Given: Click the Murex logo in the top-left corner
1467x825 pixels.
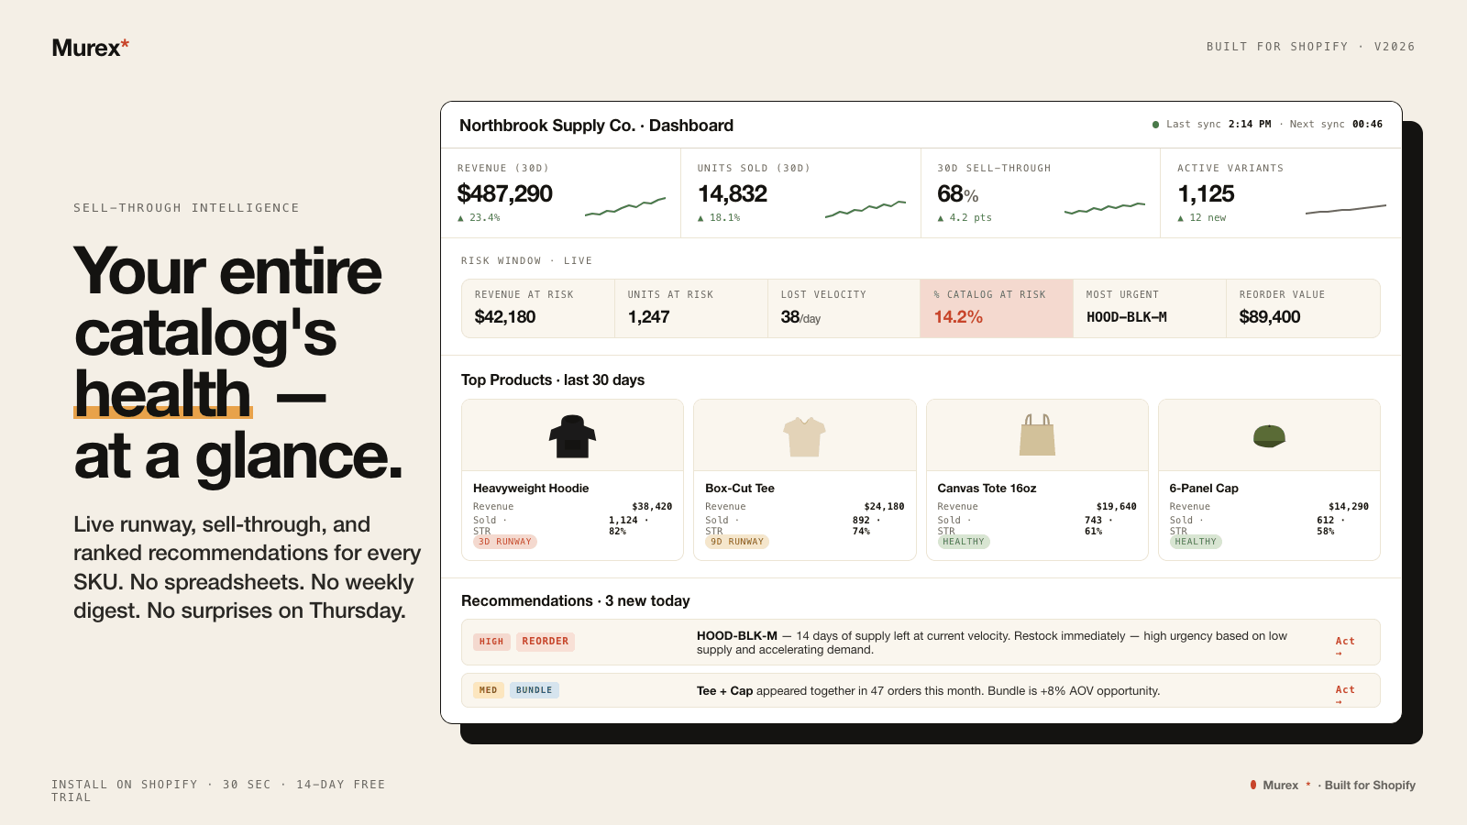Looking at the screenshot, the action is point(91,48).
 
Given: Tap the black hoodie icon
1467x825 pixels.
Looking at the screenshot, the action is point(572,436).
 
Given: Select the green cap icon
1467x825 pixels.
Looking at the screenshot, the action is point(1269,436).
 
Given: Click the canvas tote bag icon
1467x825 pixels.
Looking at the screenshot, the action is point(1037,434).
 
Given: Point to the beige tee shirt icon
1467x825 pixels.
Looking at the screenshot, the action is point(804,436).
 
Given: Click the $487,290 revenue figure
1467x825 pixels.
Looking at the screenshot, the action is point(504,193).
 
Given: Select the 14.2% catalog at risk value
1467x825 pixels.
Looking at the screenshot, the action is point(958,317).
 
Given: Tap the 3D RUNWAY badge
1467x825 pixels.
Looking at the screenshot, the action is point(505,542).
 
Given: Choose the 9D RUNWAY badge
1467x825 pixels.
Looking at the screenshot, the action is point(737,542).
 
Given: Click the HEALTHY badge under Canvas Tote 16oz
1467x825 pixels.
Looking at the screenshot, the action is point(964,542).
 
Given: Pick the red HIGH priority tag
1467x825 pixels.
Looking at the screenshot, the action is point(491,642).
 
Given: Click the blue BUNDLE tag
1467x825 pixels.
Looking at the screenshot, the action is point(534,690).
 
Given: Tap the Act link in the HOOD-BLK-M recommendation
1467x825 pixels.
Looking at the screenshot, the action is point(1345,645).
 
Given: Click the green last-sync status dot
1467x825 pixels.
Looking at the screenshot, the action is point(1156,125).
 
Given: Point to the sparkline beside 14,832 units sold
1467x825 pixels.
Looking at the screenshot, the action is point(866,209).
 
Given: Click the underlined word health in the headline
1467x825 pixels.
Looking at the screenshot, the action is point(162,393).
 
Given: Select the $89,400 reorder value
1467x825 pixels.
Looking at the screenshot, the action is point(1269,317).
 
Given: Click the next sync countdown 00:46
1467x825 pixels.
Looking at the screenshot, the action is point(1367,125).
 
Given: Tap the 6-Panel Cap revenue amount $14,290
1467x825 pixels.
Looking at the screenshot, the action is point(1349,507).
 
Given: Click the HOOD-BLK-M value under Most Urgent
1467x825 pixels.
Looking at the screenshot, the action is point(1127,317).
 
